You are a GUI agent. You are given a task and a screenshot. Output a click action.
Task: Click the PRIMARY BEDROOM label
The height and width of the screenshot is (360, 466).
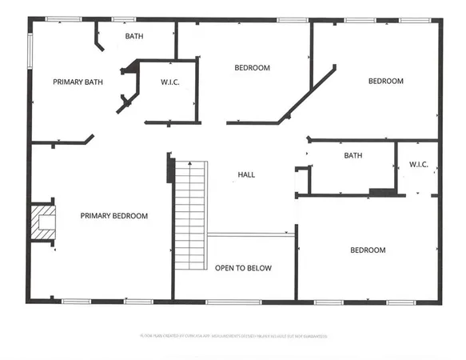point(114,216)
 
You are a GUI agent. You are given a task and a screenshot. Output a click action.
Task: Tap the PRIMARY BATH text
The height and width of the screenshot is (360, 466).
point(78,82)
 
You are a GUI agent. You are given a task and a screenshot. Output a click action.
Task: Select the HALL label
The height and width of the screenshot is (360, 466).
point(247,174)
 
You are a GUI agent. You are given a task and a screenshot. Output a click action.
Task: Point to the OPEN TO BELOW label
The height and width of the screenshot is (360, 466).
point(243,268)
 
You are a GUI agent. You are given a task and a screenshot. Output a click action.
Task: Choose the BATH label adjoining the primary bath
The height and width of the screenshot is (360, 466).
point(134,36)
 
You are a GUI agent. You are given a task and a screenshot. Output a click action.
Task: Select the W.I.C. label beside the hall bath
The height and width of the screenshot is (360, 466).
point(419,165)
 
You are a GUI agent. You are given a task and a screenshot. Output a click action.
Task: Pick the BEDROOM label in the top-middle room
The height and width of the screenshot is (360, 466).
point(252,68)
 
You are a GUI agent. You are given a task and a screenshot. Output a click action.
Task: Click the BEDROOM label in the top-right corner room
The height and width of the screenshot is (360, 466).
point(385,81)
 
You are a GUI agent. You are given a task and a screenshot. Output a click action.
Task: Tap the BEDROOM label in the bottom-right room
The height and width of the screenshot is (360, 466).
point(368,250)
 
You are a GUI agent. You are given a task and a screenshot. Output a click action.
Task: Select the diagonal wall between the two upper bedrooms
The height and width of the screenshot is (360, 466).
point(306,97)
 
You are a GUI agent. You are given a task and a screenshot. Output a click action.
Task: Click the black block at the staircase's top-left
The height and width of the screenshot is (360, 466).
point(170,170)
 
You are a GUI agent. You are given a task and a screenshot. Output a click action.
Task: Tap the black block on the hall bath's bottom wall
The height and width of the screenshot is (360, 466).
point(381,192)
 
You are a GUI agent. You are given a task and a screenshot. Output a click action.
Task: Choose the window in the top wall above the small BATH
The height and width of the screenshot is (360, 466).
point(123,19)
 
